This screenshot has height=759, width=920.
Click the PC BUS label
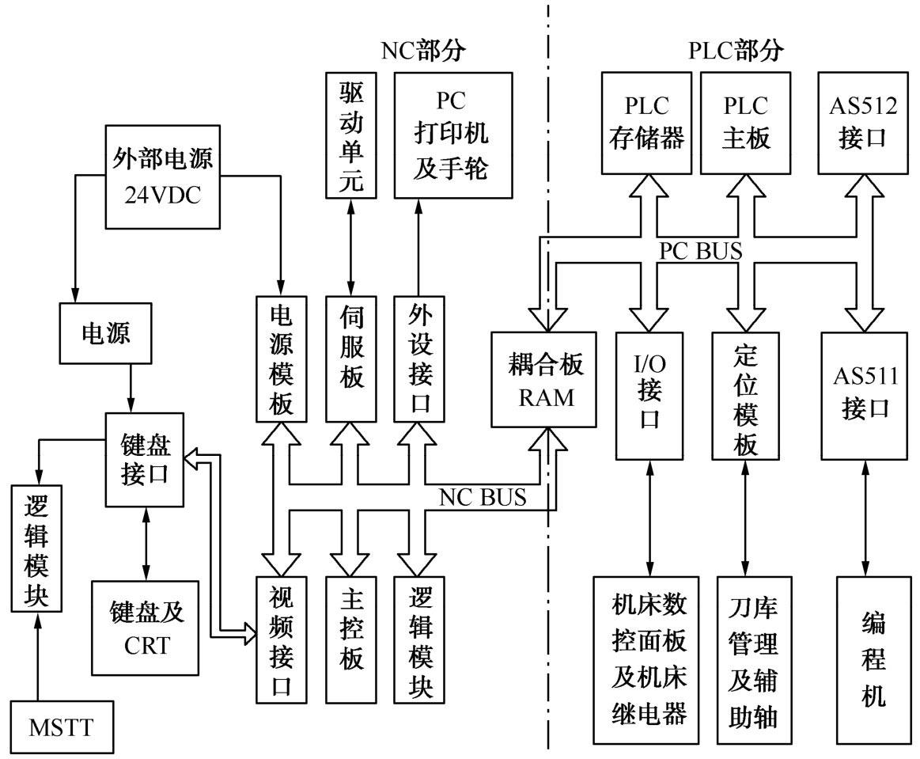click(700, 251)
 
